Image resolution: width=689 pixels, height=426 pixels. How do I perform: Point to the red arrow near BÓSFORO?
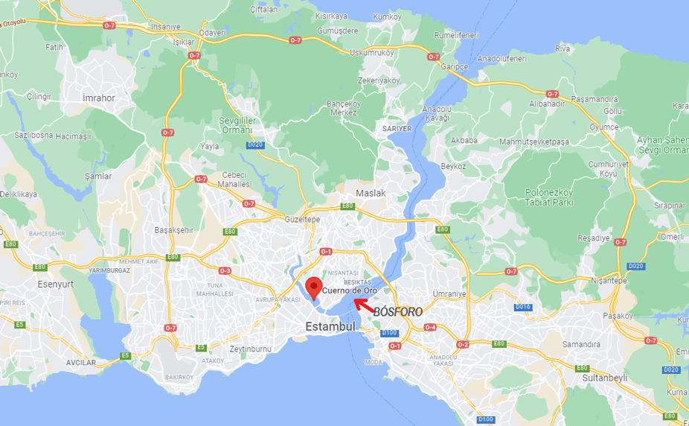pyautogui.click(x=362, y=304)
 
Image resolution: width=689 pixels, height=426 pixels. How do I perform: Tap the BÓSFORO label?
pyautogui.click(x=397, y=311)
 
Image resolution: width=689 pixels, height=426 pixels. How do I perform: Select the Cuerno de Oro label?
pyautogui.click(x=350, y=290)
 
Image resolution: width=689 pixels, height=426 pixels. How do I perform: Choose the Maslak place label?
pyautogui.click(x=371, y=193)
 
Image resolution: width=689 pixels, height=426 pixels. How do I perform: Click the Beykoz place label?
pyautogui.click(x=453, y=166)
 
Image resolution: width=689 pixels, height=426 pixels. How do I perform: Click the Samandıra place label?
pyautogui.click(x=581, y=345)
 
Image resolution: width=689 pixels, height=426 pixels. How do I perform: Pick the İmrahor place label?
pyautogui.click(x=99, y=98)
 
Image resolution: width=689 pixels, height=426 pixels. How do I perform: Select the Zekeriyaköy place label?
pyautogui.click(x=379, y=80)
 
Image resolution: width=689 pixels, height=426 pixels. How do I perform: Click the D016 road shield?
pyautogui.click(x=523, y=307)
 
